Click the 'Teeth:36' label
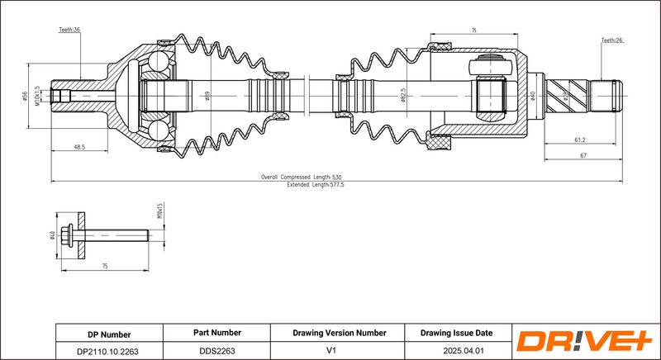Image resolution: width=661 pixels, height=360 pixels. (x=69, y=30)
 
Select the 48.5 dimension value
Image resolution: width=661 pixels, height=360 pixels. (x=79, y=147)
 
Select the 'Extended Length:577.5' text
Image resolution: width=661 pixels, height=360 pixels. (x=315, y=185)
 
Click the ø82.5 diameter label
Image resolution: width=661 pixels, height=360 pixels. (x=402, y=97)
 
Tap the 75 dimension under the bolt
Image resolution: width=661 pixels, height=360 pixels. (x=105, y=267)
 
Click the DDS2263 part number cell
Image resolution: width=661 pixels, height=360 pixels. (x=217, y=351)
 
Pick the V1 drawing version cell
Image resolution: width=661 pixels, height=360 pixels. (x=339, y=351)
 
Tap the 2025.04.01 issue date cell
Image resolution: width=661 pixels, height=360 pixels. (x=456, y=351)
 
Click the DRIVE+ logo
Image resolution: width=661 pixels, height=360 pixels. (x=584, y=341)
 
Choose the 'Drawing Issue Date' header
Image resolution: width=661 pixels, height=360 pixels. (x=456, y=334)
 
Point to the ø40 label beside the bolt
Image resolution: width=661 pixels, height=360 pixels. (x=52, y=236)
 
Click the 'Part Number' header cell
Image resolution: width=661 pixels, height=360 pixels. (x=217, y=334)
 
